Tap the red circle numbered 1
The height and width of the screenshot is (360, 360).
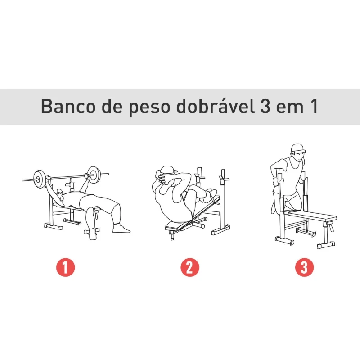(x=66, y=268)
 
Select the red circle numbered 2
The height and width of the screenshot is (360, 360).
(x=189, y=268)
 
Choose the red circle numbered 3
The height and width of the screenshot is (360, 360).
(x=304, y=268)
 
